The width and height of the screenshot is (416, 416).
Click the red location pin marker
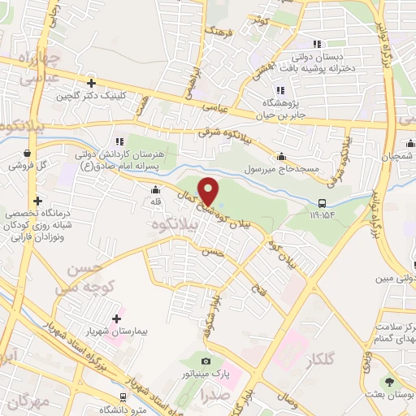coord(210,191)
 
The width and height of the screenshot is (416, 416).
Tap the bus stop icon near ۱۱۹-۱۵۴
coord(323,203)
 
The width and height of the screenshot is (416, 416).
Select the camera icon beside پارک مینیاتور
coord(206,361)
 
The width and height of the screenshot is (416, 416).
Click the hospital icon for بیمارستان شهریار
coord(116,318)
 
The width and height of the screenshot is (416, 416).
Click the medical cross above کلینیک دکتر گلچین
coord(91,83)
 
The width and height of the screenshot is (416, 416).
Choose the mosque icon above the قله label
coord(155,190)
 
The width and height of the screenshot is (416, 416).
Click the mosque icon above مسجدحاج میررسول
coord(281,157)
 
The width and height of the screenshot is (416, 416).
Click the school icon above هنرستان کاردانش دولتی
coord(120,141)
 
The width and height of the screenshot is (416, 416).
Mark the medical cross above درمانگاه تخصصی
coord(37,200)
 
